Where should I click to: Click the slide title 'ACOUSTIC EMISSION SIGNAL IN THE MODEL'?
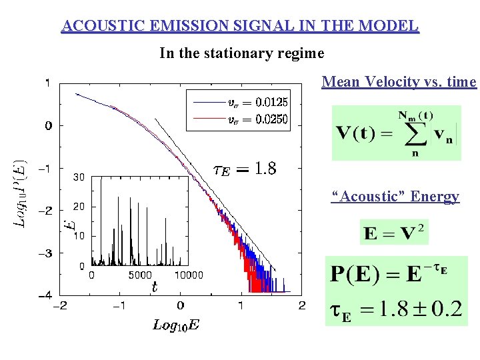pyautogui.click(x=240, y=26)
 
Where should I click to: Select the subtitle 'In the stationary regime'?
pyautogui.click(x=241, y=53)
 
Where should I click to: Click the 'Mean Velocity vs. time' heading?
pyautogui.click(x=399, y=82)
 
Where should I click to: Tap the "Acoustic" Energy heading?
pyautogui.click(x=396, y=196)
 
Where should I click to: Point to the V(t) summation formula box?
pyautogui.click(x=396, y=132)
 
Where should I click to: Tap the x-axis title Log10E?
pyautogui.click(x=176, y=325)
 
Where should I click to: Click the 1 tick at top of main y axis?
pyautogui.click(x=47, y=83)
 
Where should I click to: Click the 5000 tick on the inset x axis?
pyautogui.click(x=139, y=275)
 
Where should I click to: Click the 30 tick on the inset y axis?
pyautogui.click(x=78, y=177)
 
